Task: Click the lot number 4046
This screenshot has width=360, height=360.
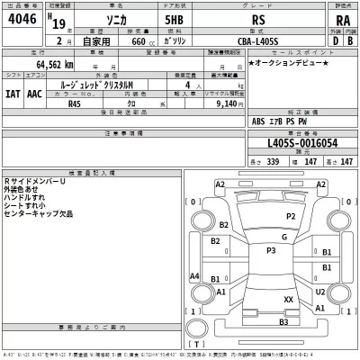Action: [x=22, y=21]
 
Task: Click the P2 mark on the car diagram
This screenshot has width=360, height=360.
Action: [x=291, y=217]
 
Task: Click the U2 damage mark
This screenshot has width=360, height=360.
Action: [x=320, y=292]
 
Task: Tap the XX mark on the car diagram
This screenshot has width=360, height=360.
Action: [x=288, y=299]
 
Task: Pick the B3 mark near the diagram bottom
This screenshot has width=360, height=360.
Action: [x=283, y=322]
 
